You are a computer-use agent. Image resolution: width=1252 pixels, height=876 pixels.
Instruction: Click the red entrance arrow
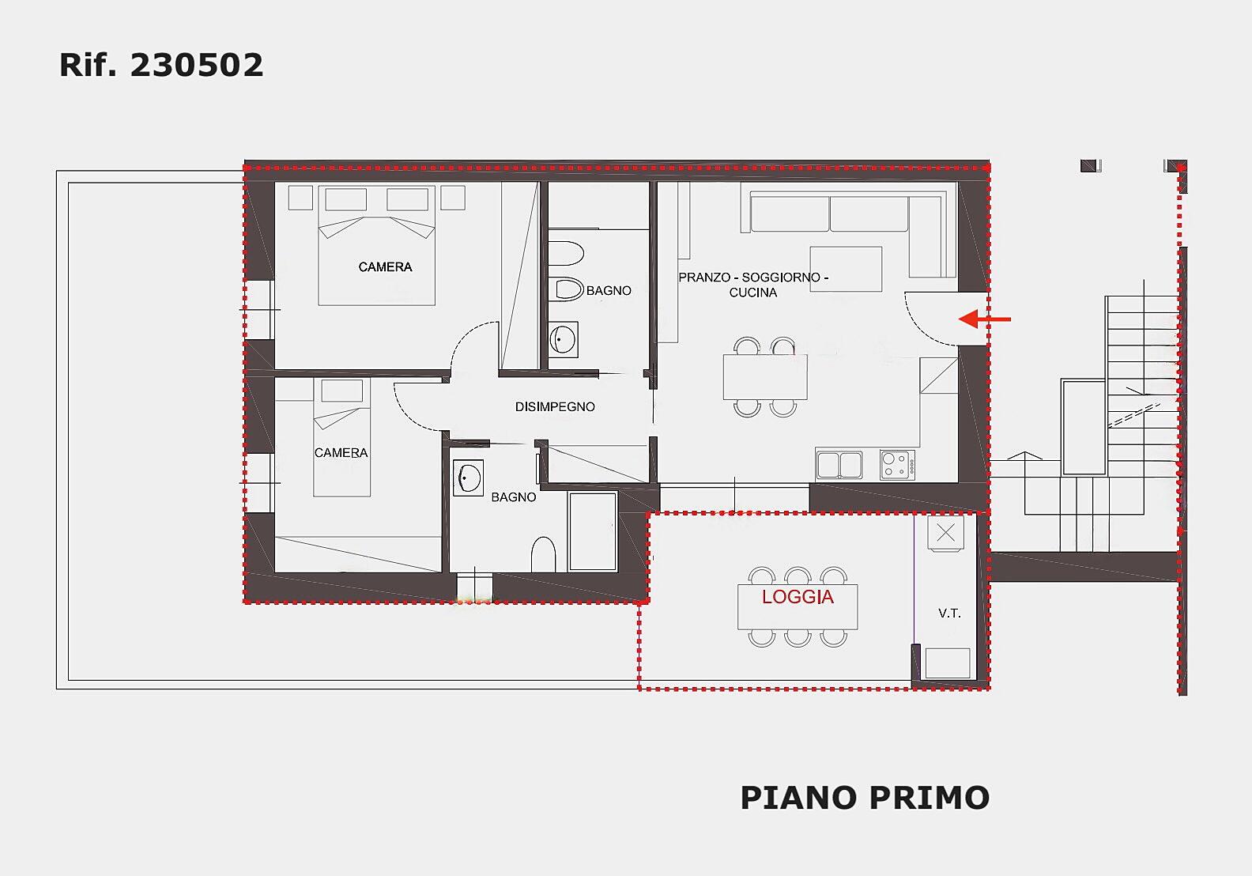(x=984, y=319)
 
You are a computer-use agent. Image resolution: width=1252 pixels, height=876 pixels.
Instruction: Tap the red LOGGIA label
(x=798, y=597)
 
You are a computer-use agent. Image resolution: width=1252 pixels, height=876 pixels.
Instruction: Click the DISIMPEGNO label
(x=555, y=407)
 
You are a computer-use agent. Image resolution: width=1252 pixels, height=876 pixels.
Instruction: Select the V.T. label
(x=949, y=614)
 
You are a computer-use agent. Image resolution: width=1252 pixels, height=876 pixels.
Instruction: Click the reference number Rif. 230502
(x=161, y=65)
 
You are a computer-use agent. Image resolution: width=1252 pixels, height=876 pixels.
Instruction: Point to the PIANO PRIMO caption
(x=865, y=797)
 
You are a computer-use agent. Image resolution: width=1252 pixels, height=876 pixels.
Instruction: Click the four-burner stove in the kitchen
(x=898, y=465)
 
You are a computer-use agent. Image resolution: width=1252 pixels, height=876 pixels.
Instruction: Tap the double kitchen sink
(x=839, y=465)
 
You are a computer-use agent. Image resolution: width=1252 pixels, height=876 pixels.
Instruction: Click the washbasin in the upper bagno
(x=563, y=339)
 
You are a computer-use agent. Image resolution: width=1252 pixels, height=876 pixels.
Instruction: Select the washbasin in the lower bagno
(x=469, y=478)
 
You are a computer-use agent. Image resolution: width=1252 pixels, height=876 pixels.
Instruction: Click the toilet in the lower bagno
(x=543, y=554)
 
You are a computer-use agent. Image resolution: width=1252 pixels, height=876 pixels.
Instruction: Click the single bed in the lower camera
(x=341, y=438)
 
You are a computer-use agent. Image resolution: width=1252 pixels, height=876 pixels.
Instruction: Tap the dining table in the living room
(x=765, y=377)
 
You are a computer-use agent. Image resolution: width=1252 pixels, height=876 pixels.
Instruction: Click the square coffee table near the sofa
(x=847, y=269)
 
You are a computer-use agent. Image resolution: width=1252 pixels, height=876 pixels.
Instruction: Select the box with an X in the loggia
(x=945, y=533)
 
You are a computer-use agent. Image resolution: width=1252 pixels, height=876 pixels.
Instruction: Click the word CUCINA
(x=753, y=293)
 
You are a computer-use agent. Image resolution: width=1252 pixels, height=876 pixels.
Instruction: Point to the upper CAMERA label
(x=385, y=267)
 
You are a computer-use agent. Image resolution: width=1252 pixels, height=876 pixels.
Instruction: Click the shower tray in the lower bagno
(x=593, y=531)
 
